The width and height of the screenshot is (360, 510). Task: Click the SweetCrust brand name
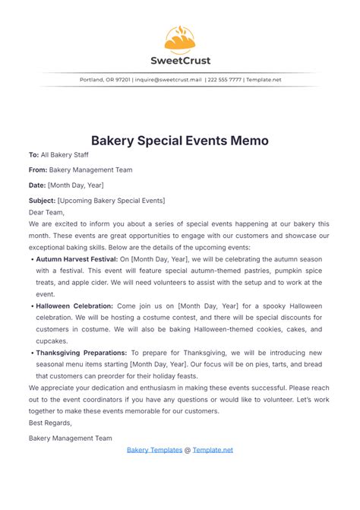click(x=180, y=60)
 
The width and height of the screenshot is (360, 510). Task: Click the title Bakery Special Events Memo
click(x=180, y=141)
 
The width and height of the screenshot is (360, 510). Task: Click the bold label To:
click(x=33, y=154)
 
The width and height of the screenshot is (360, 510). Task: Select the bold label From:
click(x=38, y=169)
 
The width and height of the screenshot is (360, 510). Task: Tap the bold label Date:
click(x=37, y=185)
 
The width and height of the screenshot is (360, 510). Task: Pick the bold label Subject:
click(x=42, y=200)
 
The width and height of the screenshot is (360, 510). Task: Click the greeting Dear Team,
click(x=46, y=213)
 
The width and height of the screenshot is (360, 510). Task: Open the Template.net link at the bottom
click(x=213, y=450)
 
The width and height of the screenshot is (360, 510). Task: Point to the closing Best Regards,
click(x=50, y=423)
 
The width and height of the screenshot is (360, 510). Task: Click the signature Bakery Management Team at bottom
click(x=70, y=438)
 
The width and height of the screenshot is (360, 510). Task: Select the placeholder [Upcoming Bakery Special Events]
click(x=111, y=200)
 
